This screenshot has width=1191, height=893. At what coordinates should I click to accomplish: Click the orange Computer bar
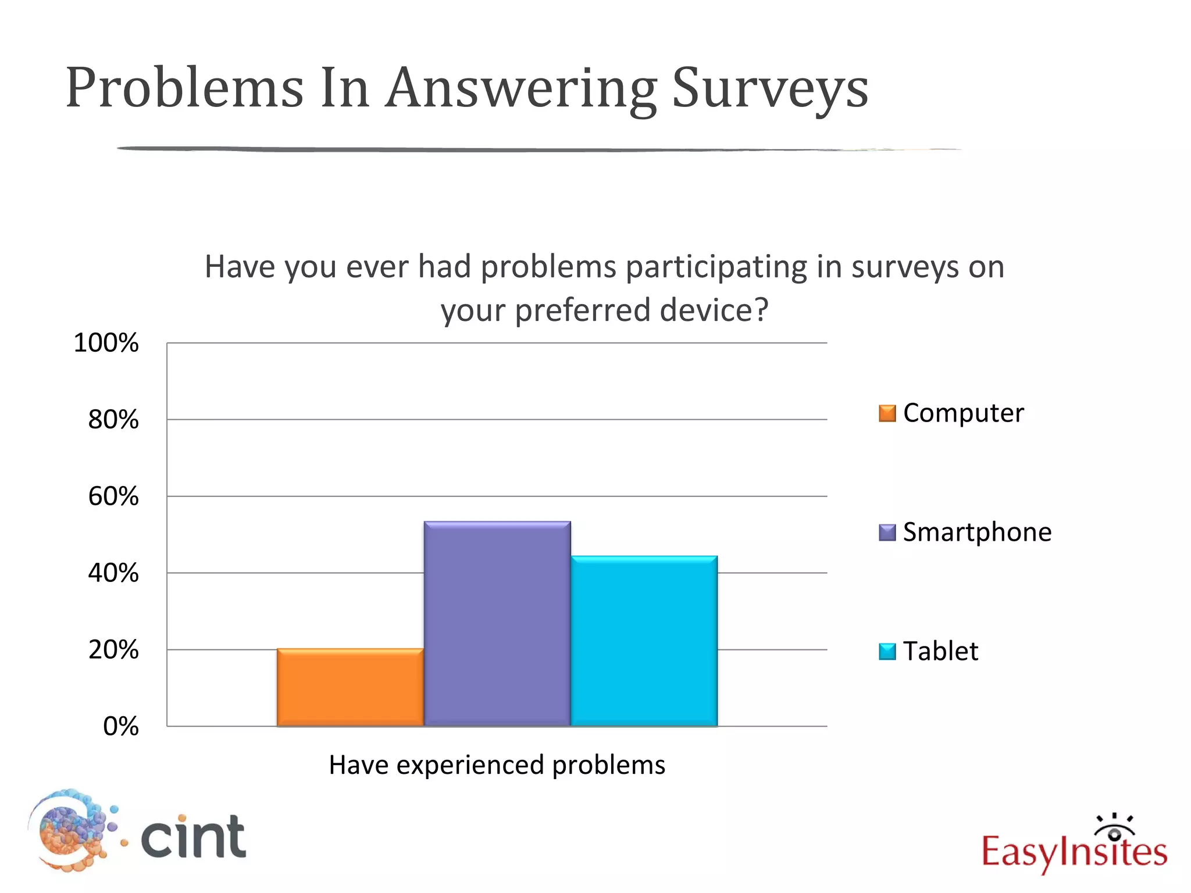point(350,687)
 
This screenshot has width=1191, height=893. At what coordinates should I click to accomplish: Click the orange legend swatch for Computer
point(887,413)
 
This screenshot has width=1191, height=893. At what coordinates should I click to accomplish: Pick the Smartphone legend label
point(977,532)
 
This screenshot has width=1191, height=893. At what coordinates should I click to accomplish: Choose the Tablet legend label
point(940,651)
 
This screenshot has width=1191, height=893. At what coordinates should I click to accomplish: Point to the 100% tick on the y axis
point(106,343)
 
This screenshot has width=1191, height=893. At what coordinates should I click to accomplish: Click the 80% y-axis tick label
point(113,420)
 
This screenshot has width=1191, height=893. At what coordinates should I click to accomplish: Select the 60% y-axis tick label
point(113,496)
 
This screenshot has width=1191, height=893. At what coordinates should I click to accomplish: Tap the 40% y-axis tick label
point(113,573)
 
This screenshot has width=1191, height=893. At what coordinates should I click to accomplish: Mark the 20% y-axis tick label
point(113,650)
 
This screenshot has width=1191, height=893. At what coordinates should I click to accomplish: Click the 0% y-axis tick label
point(121,727)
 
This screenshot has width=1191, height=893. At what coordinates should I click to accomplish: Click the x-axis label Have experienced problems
point(497,765)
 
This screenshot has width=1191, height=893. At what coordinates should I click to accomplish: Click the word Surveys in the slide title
point(769,88)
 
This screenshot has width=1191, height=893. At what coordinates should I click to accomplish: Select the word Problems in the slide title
point(185,88)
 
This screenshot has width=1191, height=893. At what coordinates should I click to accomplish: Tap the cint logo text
point(194,837)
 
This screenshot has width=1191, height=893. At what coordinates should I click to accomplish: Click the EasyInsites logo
point(1074,846)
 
